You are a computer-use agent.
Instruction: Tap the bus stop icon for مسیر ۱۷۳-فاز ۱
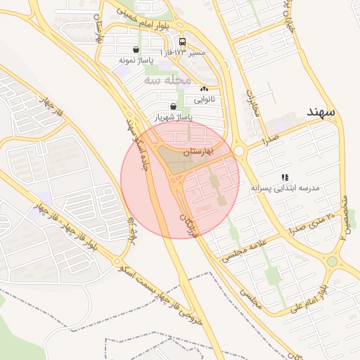click(183, 42)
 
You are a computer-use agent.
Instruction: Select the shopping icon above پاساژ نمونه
click(135, 50)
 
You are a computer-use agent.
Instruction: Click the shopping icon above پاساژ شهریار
click(163, 106)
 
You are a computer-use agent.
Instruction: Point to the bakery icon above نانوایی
click(205, 89)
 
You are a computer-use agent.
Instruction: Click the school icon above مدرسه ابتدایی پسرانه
click(285, 177)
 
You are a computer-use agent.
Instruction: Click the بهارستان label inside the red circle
click(201, 153)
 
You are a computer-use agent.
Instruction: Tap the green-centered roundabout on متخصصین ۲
click(332, 262)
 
